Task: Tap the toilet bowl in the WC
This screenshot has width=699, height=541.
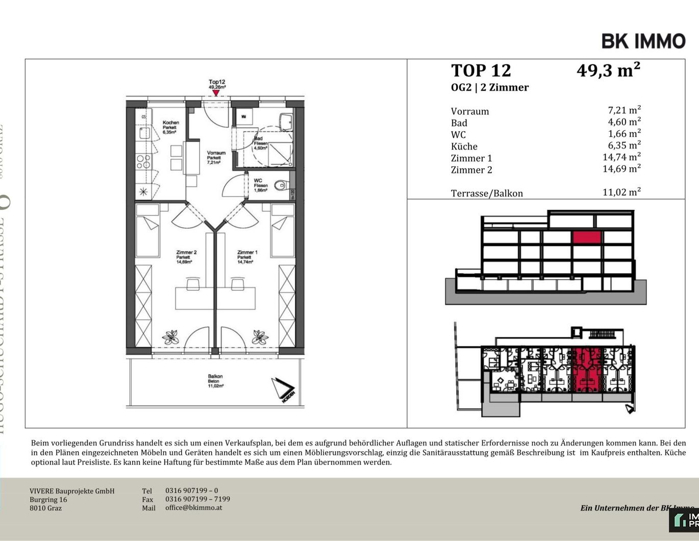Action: [x=280, y=185]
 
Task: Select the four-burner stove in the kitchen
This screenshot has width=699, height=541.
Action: [x=143, y=162]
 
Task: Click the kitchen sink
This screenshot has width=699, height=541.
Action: [x=144, y=133]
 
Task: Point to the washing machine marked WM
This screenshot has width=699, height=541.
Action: [x=243, y=117]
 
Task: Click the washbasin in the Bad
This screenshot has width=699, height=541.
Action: [x=286, y=121]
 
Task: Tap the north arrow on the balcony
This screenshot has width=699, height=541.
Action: [x=283, y=390]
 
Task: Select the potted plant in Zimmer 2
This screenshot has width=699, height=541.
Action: [x=170, y=337]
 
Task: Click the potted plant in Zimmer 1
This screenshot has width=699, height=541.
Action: [x=260, y=337]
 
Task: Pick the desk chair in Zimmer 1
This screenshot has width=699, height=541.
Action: [x=237, y=284]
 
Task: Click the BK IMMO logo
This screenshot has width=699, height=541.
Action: [x=643, y=41]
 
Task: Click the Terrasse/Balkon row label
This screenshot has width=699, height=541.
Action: [x=486, y=193]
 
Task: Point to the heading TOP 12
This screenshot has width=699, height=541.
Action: [x=481, y=70]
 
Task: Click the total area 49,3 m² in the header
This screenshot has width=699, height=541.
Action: [x=608, y=70]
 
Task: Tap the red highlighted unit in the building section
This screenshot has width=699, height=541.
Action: [x=587, y=237]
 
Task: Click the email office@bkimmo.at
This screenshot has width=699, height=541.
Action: [x=193, y=508]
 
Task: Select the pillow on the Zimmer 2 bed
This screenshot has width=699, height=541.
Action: [x=148, y=210]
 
